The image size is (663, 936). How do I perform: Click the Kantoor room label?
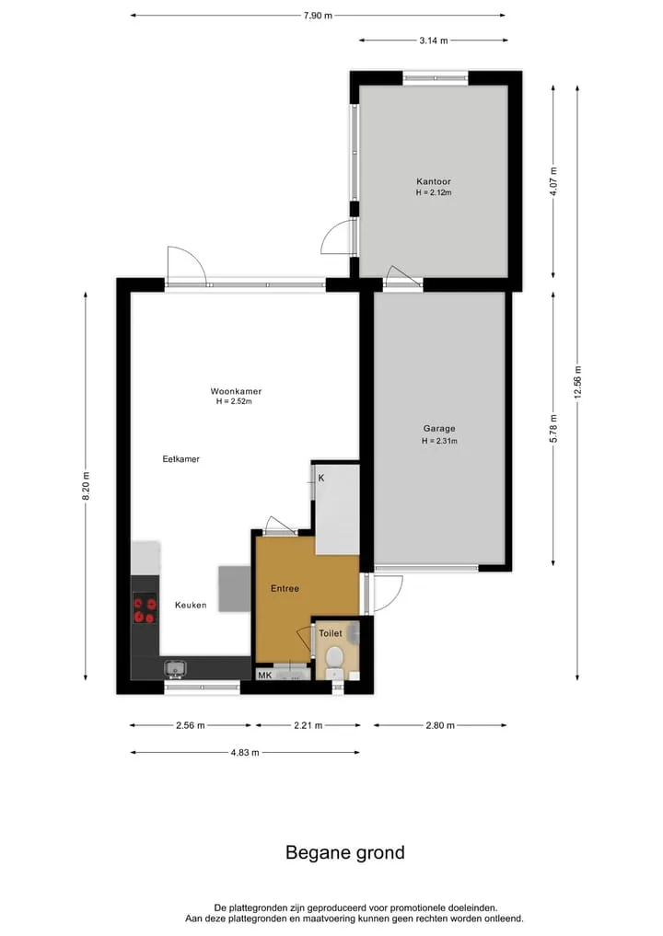point(434,181)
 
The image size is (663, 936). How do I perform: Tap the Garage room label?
point(439,429)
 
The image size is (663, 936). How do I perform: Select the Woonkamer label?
point(236,391)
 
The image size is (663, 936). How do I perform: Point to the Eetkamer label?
point(181,459)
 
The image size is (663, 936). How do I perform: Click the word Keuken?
point(191,606)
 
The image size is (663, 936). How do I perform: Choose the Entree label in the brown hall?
point(285,589)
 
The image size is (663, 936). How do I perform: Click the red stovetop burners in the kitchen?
point(145,608)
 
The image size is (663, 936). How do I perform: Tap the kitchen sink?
point(175,669)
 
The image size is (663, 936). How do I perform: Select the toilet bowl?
point(334,657)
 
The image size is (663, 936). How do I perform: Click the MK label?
point(264,676)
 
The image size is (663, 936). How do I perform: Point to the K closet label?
point(321,479)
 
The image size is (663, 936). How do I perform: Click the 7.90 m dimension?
point(318,16)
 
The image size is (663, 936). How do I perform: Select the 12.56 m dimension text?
point(577,382)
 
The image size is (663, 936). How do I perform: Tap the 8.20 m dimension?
point(86,487)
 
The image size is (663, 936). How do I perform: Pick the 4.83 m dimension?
point(245,753)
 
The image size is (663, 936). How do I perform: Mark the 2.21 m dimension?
point(308,726)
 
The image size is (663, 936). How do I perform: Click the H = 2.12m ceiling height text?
point(434,192)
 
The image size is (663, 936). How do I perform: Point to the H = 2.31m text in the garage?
point(439,441)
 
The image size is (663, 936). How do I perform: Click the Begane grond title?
point(345,852)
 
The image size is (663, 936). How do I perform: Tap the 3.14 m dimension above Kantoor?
point(434,40)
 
